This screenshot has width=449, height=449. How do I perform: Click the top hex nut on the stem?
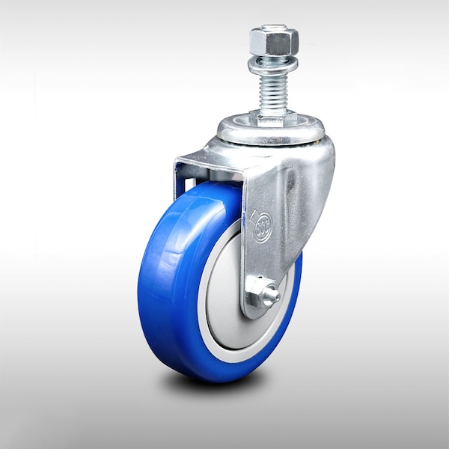[275, 39]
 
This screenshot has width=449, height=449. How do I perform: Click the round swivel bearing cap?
[273, 133]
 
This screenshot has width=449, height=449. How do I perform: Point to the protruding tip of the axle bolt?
[275, 296]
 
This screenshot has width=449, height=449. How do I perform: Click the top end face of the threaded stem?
[275, 28]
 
